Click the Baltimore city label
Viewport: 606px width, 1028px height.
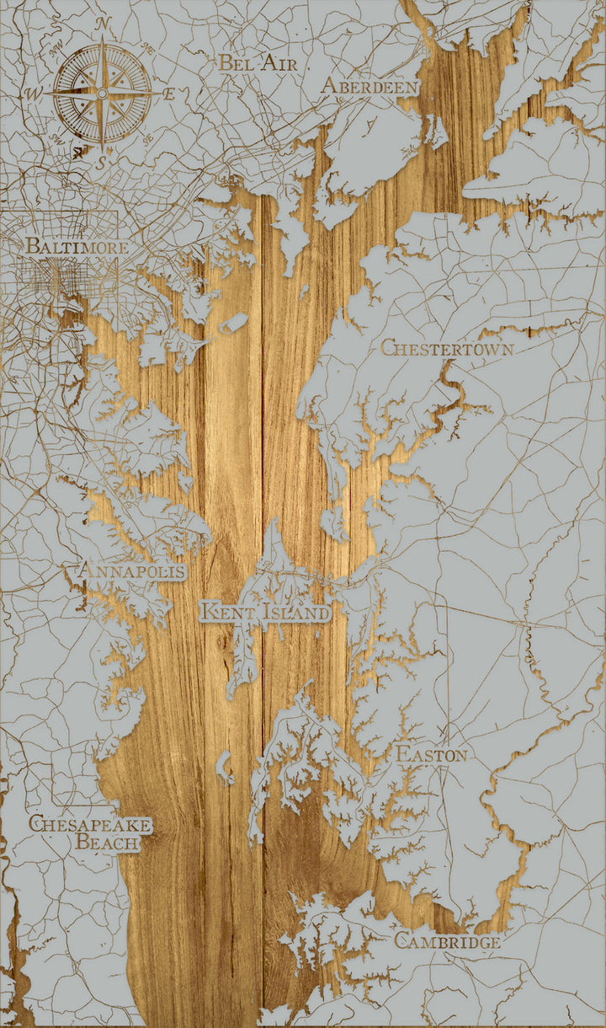click(x=77, y=247)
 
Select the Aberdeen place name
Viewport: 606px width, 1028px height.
click(x=369, y=87)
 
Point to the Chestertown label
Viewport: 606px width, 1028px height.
click(x=447, y=347)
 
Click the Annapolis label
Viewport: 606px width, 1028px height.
click(x=130, y=571)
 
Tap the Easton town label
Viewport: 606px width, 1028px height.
click(x=431, y=754)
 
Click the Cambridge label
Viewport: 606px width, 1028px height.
click(x=447, y=941)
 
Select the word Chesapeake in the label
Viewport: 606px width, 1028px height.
click(x=90, y=823)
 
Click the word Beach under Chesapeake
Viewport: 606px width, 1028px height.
click(x=108, y=841)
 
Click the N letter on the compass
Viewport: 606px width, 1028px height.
click(x=103, y=24)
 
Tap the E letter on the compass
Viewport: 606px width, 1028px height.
click(x=169, y=94)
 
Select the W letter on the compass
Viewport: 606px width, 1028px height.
click(x=36, y=92)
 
